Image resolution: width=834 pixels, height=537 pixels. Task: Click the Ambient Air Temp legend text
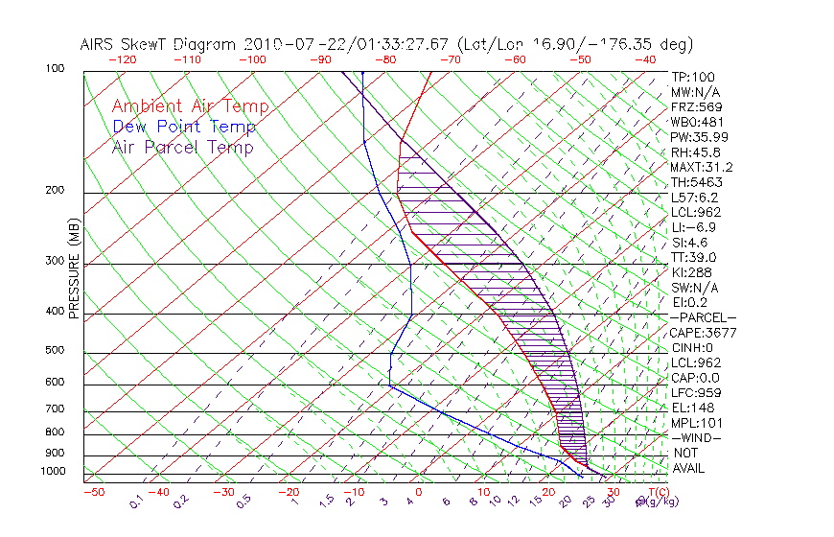[190, 107]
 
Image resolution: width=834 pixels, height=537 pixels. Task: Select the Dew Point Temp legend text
[184, 128]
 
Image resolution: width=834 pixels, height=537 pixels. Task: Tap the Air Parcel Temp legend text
[182, 148]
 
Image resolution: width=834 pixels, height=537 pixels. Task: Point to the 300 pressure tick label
[55, 261]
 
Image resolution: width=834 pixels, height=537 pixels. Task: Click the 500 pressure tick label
[55, 351]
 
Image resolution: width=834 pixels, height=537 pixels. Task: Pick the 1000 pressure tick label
[53, 472]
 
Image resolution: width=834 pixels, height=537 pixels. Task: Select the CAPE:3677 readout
[697, 333]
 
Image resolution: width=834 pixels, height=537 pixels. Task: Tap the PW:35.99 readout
[694, 137]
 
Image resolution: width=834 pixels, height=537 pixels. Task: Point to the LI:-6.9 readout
[692, 227]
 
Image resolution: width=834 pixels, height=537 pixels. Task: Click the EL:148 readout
[689, 408]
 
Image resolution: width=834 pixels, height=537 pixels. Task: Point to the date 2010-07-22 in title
[291, 44]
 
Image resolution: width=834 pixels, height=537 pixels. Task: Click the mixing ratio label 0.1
[137, 502]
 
